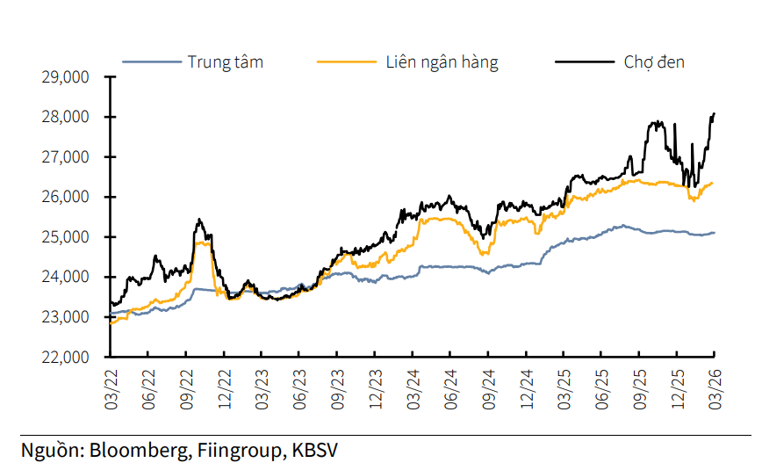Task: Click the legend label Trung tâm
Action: [225, 61]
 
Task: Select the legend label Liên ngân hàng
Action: [442, 61]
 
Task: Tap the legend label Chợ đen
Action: [654, 61]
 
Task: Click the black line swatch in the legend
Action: [584, 61]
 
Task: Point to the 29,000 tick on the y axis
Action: [65, 77]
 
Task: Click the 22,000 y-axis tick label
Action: [65, 358]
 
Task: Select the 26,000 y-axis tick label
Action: [65, 197]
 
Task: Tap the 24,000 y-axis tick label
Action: [65, 277]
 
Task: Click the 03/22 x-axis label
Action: [111, 387]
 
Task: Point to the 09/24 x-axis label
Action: [489, 387]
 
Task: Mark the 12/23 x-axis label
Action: [376, 387]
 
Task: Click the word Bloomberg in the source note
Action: [135, 451]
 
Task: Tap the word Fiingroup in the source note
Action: [236, 451]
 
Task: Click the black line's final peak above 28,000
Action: [715, 113]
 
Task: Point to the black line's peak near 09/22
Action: [199, 220]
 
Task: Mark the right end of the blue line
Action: [715, 233]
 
